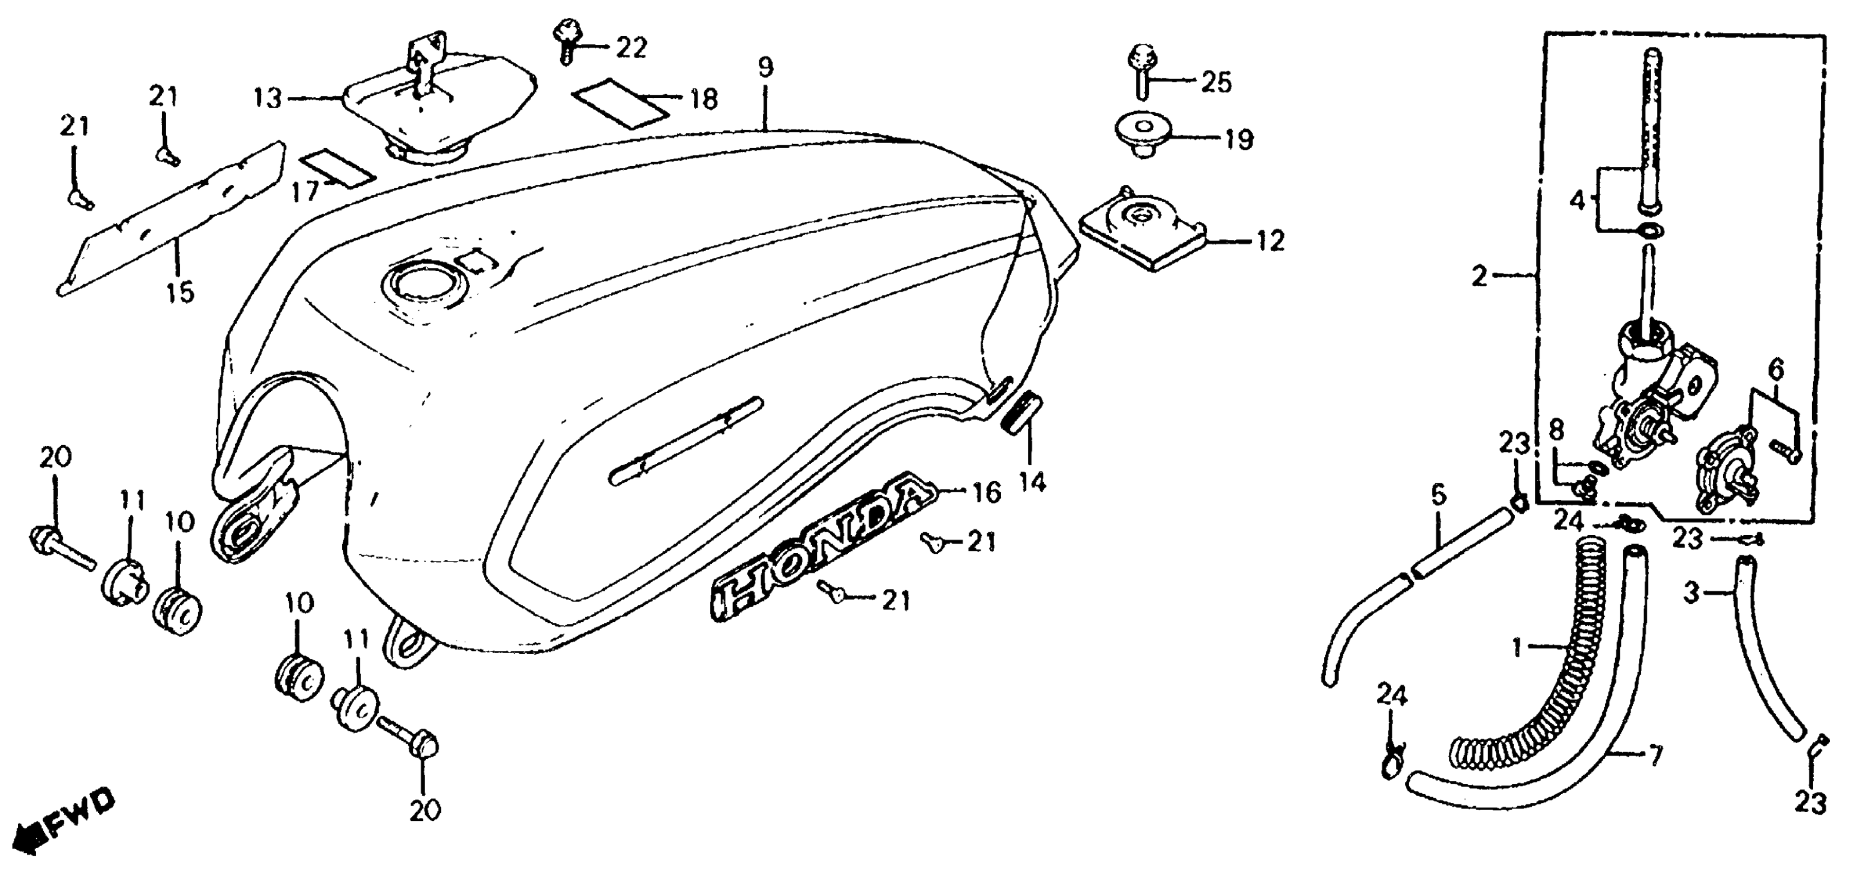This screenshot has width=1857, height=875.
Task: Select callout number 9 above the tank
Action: (x=765, y=68)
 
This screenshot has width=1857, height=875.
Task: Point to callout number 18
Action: (x=704, y=99)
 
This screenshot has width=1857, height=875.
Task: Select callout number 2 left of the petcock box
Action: (x=1480, y=275)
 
